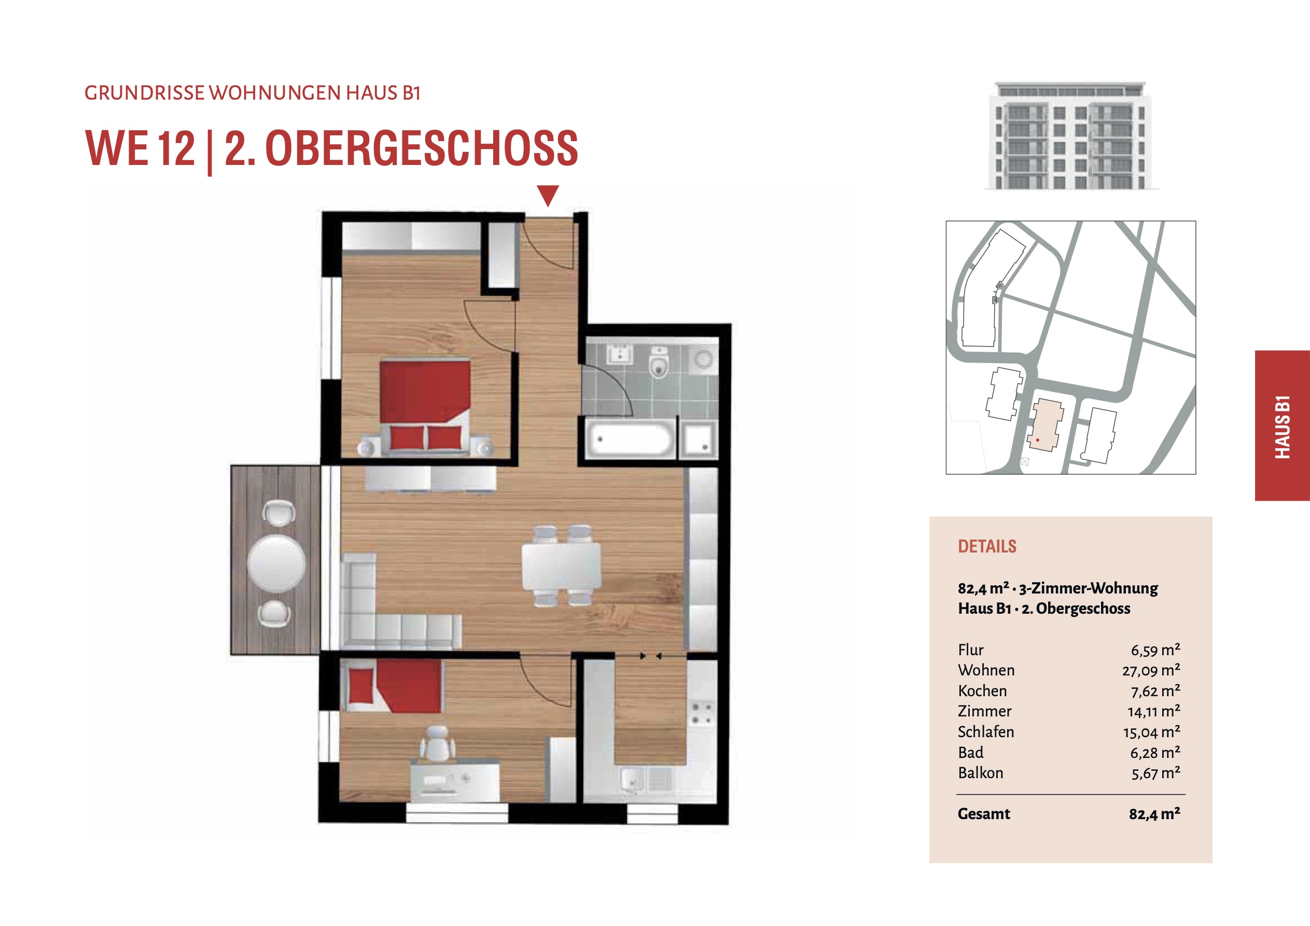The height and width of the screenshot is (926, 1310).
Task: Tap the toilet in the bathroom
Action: [659, 362]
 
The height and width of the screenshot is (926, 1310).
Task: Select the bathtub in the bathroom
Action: [631, 438]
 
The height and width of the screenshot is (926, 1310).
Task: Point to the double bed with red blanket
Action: [425, 407]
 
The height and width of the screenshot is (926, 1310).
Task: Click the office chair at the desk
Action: [438, 744]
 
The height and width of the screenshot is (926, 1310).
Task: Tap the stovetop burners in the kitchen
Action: [702, 714]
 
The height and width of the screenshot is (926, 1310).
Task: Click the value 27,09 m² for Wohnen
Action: [1151, 670]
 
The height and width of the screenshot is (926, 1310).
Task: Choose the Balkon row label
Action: [980, 773]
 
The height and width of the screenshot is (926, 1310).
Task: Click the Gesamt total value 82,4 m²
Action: [1154, 813]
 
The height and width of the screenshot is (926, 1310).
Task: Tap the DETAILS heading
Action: [987, 546]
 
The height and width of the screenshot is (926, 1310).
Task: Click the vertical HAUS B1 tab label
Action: [1282, 426]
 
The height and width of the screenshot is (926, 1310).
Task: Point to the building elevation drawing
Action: [1070, 135]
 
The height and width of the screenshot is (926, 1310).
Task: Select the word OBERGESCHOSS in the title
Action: [422, 148]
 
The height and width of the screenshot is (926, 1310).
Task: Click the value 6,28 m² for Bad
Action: [1155, 752]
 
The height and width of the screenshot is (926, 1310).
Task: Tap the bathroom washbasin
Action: [619, 354]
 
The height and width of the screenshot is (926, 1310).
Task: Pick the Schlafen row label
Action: [986, 732]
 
